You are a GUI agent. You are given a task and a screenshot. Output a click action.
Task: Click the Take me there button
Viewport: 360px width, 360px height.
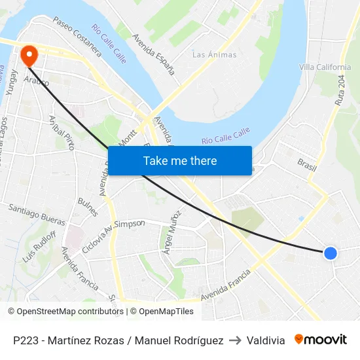[x=180, y=161]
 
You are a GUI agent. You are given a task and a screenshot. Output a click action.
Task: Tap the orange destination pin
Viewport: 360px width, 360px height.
[x=29, y=54]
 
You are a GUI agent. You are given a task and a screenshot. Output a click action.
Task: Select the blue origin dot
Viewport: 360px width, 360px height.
[x=331, y=253]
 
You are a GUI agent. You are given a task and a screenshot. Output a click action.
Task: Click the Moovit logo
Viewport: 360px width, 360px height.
[x=321, y=340]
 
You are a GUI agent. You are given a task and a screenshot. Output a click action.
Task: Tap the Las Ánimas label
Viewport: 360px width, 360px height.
[x=214, y=55]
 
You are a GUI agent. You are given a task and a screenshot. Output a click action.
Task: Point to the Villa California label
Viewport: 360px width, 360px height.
[x=325, y=67]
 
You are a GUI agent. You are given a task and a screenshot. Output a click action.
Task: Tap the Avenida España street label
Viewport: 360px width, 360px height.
[x=154, y=54]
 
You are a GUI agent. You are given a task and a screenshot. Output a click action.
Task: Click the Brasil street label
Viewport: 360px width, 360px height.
[x=306, y=164]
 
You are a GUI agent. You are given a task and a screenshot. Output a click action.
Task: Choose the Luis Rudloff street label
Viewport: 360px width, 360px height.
[x=39, y=246]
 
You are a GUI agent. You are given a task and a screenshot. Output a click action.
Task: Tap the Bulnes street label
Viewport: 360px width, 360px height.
[x=88, y=207]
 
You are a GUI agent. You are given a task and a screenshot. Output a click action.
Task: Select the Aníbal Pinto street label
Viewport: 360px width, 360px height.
[x=63, y=133]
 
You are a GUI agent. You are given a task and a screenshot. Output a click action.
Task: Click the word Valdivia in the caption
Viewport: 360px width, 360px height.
[x=266, y=340]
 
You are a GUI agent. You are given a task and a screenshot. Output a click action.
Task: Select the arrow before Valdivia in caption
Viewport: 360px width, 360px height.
[x=235, y=340]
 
